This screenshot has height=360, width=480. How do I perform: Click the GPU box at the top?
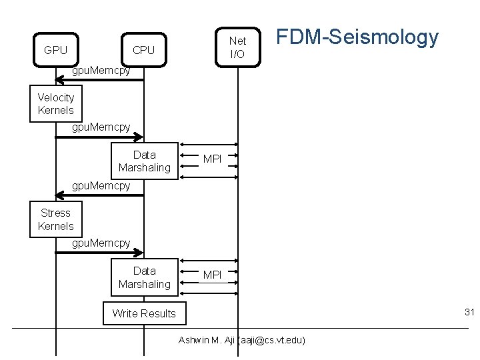(55, 50)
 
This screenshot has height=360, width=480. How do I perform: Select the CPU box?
(143, 50)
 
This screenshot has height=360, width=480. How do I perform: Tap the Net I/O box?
(237, 47)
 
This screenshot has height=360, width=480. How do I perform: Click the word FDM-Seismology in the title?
(357, 37)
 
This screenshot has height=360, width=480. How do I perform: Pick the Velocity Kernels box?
(56, 104)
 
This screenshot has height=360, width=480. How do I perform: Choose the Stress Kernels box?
(56, 219)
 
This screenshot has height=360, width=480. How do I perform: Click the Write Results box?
(144, 313)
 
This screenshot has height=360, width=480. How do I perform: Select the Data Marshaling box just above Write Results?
(144, 277)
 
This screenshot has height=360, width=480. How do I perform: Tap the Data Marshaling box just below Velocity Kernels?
(144, 161)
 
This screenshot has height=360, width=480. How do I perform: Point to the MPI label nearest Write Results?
(212, 275)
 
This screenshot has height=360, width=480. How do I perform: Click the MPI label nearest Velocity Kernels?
(212, 159)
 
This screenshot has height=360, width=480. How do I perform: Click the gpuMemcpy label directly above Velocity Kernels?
(101, 70)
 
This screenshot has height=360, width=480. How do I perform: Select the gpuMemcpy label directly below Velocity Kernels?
(101, 127)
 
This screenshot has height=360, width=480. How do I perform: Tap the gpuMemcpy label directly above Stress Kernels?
(101, 185)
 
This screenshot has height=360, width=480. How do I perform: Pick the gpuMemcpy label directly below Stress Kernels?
(101, 243)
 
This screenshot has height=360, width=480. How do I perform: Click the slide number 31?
(469, 313)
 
